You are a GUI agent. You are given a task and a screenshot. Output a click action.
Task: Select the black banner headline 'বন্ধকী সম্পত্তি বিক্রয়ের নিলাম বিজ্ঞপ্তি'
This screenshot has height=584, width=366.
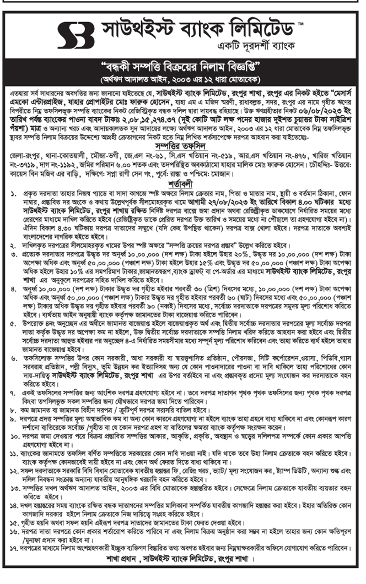tap(182, 69)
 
